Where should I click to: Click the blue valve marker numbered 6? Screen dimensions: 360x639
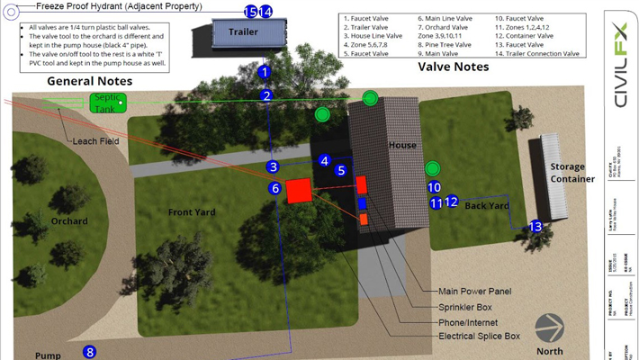[x=275, y=189]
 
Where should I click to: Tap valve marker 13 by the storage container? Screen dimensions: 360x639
[x=535, y=227]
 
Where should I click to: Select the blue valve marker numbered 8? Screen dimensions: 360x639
[x=89, y=352]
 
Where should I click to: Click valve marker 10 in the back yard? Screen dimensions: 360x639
[x=434, y=187]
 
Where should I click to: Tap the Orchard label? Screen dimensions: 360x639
[x=69, y=221]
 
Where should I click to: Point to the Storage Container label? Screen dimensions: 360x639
[x=572, y=172]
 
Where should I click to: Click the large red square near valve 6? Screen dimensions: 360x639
[x=299, y=191]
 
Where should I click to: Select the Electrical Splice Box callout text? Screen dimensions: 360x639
[x=479, y=336]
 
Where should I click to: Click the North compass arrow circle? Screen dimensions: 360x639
[x=549, y=328]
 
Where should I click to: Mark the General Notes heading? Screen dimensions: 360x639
[x=89, y=81]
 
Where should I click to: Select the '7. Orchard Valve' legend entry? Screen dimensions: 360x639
[x=447, y=26]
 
